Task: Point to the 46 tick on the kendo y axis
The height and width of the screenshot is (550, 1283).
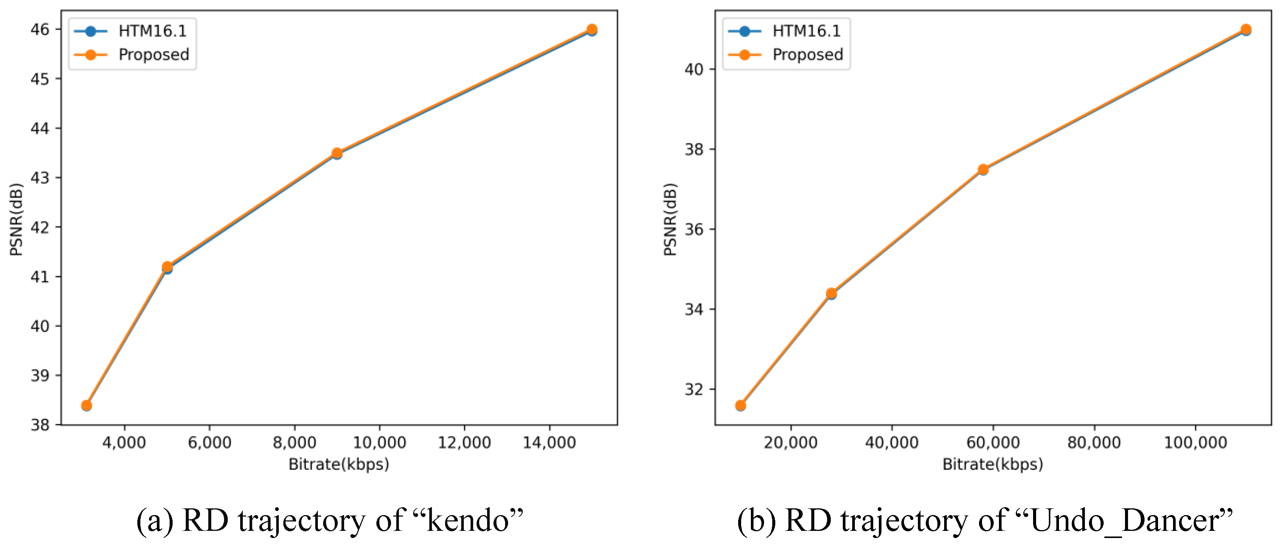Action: coord(40,29)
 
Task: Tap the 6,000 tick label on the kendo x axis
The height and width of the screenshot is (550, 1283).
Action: coord(209,442)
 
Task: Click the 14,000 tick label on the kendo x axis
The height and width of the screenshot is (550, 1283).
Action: coord(549,442)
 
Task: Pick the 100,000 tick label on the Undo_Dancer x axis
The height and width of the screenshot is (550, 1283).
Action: coord(1195,442)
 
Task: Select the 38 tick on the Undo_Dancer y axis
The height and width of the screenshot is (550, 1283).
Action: coord(694,149)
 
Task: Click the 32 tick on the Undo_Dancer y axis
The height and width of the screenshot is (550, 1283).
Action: coord(694,389)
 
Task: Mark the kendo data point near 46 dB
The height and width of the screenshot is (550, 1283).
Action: coord(592,30)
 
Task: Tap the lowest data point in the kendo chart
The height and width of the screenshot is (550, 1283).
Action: coord(87,406)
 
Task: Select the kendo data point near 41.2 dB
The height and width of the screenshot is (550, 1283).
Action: coord(167,267)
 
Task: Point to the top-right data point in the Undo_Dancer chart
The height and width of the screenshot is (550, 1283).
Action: coord(1245,30)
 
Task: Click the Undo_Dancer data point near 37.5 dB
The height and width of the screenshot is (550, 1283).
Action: coord(983,170)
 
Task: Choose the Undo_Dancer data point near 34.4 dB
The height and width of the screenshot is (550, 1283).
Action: coord(831,294)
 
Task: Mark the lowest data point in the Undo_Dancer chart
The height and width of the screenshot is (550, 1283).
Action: coord(741,406)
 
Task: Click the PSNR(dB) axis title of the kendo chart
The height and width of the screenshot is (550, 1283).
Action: coord(17,219)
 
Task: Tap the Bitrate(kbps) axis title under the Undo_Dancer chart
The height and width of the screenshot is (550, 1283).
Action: coord(992,464)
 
